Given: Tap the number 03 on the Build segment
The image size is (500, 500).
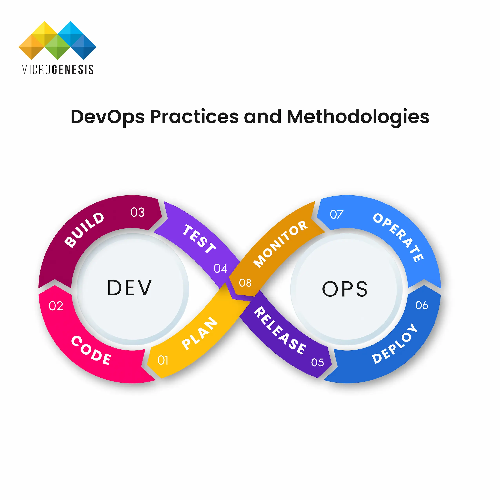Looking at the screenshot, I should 137,213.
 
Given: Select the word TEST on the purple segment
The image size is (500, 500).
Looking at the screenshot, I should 199,239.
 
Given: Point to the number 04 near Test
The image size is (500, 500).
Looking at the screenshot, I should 220,269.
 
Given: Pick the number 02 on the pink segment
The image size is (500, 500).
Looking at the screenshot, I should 56,306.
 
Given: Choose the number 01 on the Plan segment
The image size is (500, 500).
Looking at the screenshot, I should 163,360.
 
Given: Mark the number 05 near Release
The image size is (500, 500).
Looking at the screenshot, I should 317,363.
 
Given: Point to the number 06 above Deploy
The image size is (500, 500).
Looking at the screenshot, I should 422,305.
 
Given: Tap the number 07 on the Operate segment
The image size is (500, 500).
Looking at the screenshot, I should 336,214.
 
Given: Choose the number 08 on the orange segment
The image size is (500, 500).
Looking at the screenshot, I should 245,283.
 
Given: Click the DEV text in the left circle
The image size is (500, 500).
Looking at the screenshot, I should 129,288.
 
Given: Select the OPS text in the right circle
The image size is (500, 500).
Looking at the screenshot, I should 345,289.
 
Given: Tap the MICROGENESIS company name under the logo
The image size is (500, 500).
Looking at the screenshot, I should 57,70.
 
